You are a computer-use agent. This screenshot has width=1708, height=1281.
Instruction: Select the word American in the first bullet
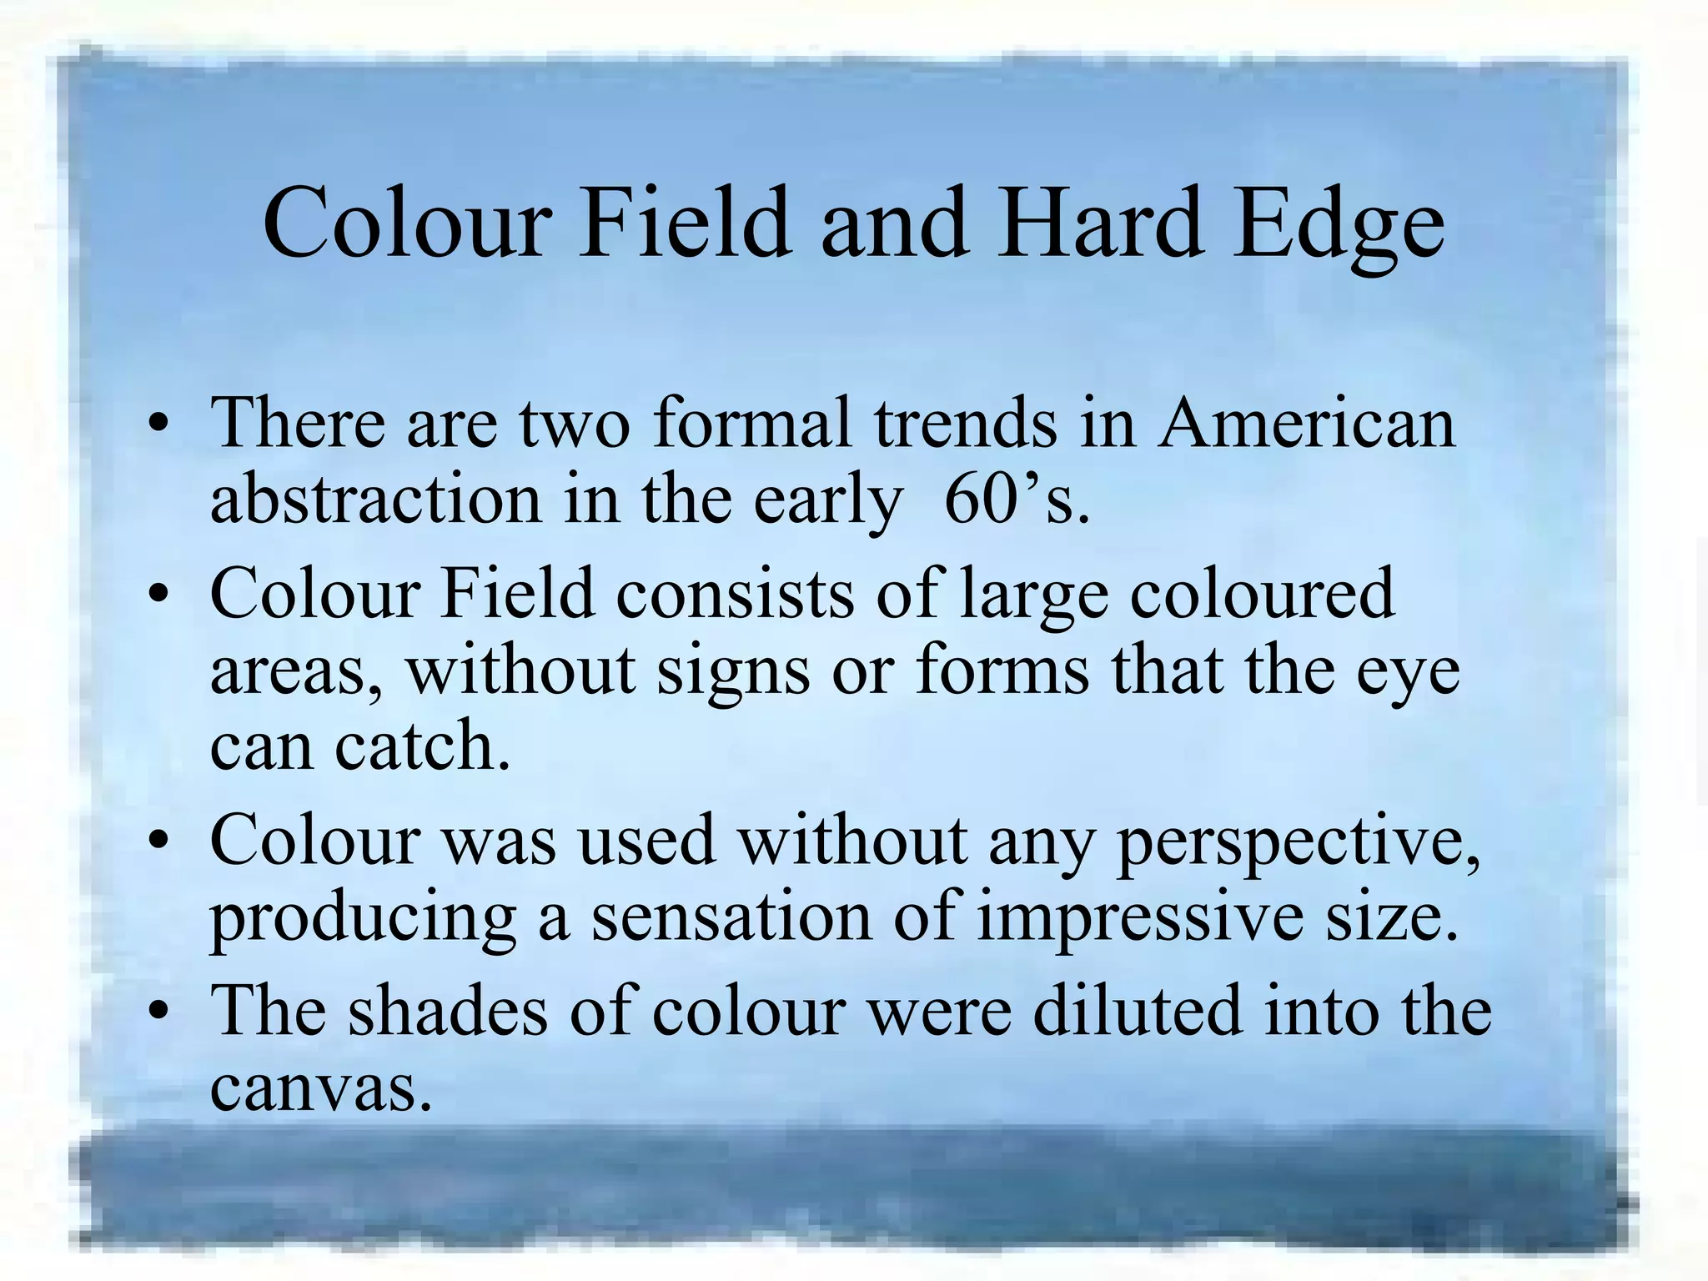(1306, 424)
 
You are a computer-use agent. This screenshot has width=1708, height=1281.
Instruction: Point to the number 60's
(1017, 500)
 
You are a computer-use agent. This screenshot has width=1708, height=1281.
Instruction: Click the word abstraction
(376, 500)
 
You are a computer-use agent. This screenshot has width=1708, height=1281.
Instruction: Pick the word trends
(966, 424)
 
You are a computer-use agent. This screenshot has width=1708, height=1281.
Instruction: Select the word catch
(422, 746)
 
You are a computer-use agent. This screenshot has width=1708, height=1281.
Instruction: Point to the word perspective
(1298, 842)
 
